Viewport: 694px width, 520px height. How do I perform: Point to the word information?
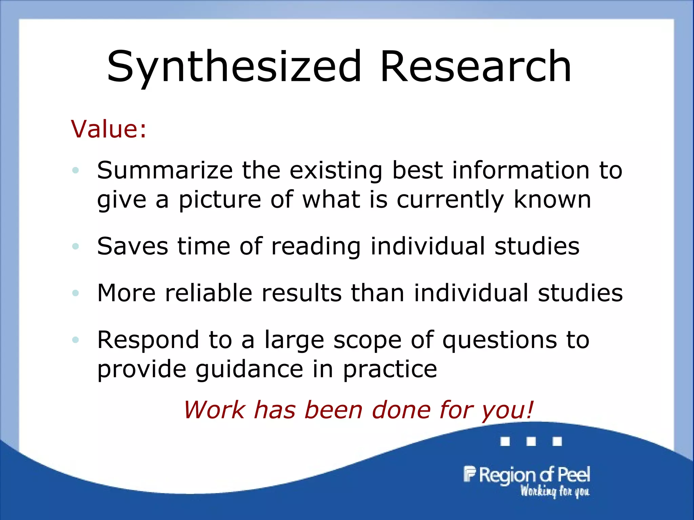520,170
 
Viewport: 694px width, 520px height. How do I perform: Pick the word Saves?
132,246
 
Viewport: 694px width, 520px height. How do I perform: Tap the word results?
302,293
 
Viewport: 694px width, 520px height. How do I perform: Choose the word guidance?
249,369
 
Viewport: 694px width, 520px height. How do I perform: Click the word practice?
390,369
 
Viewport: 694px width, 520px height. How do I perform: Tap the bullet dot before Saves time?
75,246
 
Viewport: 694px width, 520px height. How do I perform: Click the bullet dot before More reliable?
75,293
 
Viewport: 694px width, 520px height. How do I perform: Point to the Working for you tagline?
555,491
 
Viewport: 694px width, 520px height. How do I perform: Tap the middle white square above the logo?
531,441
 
